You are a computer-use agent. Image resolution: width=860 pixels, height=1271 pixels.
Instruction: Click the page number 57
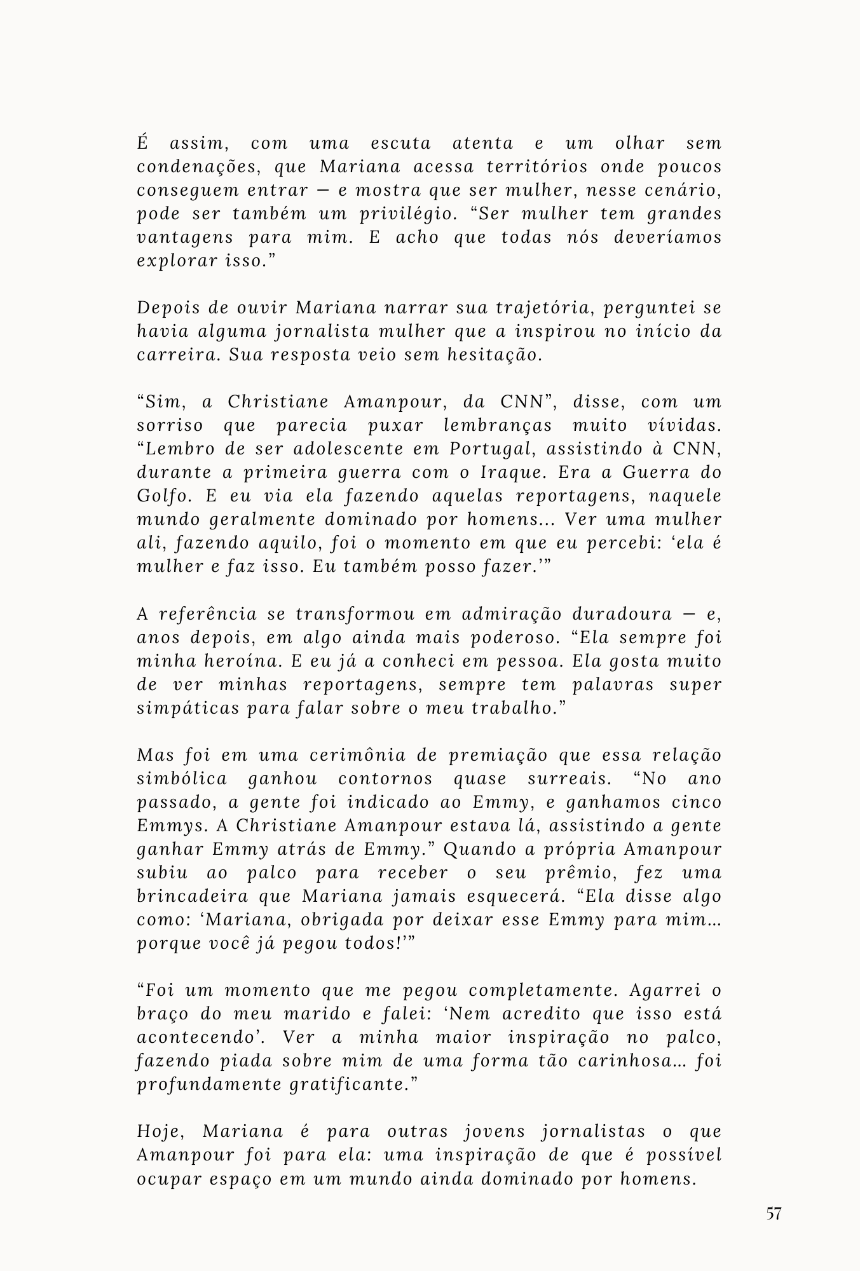[x=773, y=1214]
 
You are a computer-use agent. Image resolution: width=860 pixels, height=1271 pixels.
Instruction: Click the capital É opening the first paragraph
[x=142, y=143]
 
